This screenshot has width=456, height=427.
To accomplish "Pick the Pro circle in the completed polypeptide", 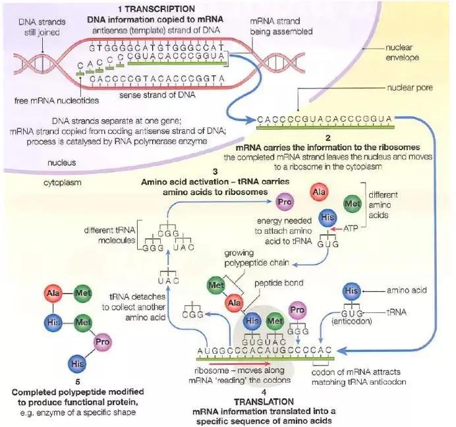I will [100, 343].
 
